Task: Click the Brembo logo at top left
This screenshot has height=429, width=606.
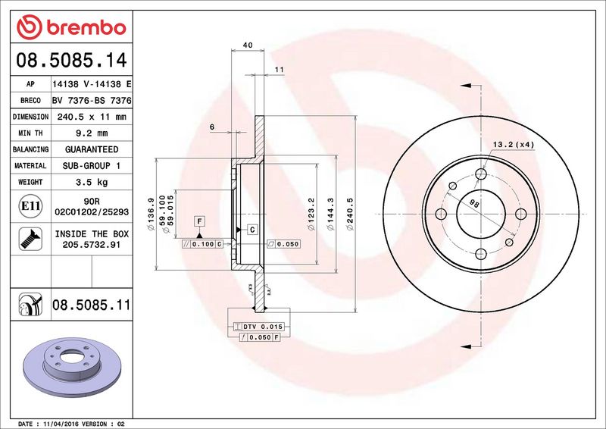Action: click(70, 27)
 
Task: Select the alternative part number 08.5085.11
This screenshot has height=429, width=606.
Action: click(92, 305)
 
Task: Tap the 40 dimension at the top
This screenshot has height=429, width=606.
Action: click(247, 45)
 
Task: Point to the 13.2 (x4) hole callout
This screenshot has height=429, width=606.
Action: click(514, 144)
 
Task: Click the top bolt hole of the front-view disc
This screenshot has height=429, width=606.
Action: click(481, 175)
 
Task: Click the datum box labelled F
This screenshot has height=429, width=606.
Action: click(199, 221)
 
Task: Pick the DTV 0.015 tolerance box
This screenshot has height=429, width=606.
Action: click(262, 325)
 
